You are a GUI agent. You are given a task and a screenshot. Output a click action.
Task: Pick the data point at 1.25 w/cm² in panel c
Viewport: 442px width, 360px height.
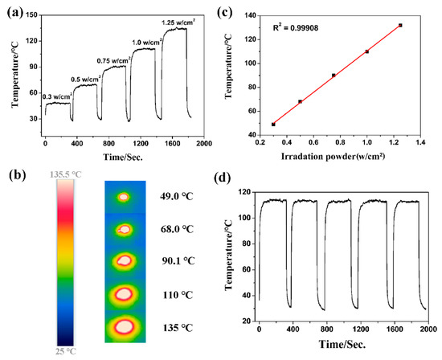(400, 26)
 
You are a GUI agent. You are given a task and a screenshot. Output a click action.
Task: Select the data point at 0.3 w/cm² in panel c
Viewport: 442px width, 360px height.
(273, 125)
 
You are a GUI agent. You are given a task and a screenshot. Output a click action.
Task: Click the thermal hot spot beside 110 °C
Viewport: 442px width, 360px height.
(125, 294)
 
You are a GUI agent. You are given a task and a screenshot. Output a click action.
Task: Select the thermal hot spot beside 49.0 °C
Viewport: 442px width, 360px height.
(124, 197)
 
